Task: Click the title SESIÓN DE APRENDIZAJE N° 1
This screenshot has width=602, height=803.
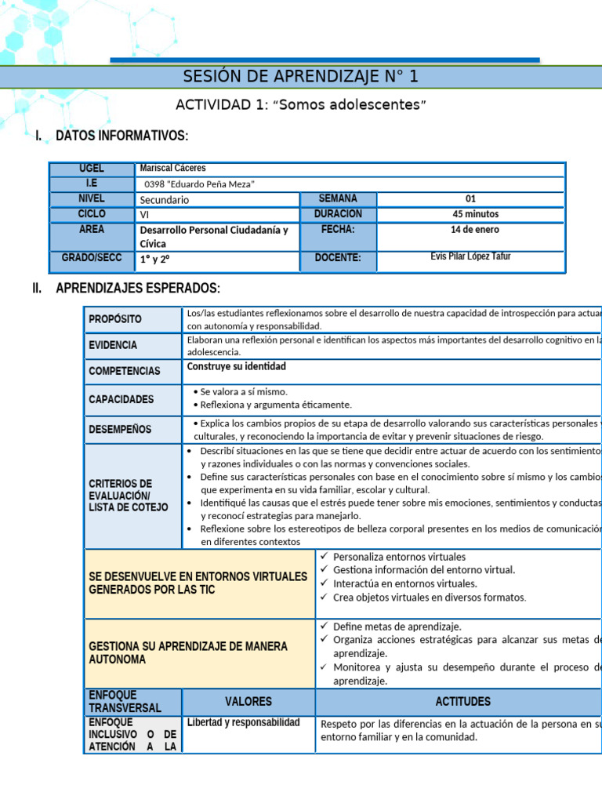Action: (x=301, y=76)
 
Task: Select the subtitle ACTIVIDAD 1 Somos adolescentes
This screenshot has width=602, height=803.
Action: (x=301, y=105)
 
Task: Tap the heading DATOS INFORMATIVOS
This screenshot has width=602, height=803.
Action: (x=121, y=136)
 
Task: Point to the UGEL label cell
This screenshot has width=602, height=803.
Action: (x=91, y=169)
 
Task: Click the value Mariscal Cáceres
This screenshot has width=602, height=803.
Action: (x=172, y=168)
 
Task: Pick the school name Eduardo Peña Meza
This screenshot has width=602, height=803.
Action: (x=200, y=184)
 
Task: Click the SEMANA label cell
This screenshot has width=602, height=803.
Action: (x=338, y=199)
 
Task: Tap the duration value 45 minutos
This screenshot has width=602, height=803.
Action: (x=470, y=214)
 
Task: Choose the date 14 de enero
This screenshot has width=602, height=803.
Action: (x=470, y=230)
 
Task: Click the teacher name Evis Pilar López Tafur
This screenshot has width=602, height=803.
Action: (x=470, y=256)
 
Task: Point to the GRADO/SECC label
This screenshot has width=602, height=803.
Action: (x=91, y=258)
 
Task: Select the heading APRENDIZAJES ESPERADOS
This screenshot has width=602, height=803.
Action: (x=138, y=289)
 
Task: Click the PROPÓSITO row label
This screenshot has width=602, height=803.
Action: (x=115, y=319)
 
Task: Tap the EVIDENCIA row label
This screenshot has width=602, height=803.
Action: (x=113, y=345)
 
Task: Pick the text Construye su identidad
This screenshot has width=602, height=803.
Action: (x=237, y=366)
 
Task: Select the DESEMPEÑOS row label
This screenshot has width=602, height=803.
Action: (x=120, y=429)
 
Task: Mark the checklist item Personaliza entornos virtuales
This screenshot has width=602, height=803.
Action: (x=399, y=557)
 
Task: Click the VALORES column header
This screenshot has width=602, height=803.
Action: (x=248, y=701)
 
